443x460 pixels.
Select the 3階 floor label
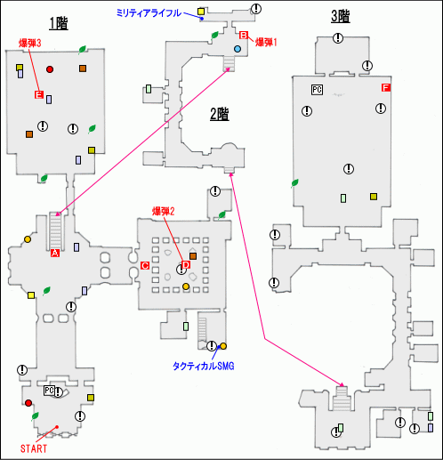[339, 15]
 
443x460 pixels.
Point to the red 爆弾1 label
[266, 41]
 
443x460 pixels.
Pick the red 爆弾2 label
[163, 211]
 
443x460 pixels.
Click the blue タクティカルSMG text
[202, 365]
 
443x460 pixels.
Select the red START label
[34, 448]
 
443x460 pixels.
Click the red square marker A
[55, 254]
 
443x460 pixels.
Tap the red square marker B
[242, 36]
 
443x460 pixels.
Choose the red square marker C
[144, 265]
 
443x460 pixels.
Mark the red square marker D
[186, 264]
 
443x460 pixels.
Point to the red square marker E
[38, 94]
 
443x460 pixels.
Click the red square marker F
[385, 88]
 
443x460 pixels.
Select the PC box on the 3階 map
[316, 89]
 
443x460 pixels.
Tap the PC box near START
[49, 391]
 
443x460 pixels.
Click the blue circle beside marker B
[238, 48]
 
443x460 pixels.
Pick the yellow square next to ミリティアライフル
[202, 11]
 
